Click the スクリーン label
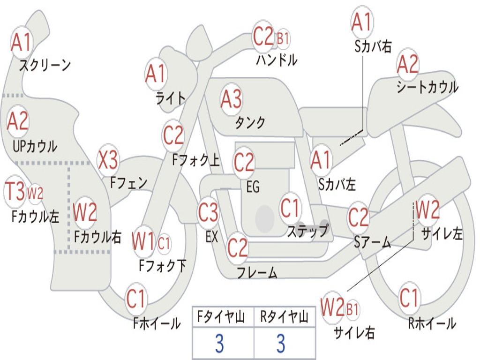(x=45, y=65)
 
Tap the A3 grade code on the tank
(x=231, y=99)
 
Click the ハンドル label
(x=277, y=60)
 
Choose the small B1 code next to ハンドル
(x=283, y=39)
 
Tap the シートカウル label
(x=427, y=87)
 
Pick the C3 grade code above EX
(x=208, y=212)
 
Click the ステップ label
(x=307, y=231)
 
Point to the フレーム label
(x=257, y=272)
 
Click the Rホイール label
(x=432, y=323)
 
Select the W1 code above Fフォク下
(x=143, y=241)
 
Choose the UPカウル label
(x=35, y=146)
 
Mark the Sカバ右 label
(x=373, y=46)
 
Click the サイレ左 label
(x=442, y=234)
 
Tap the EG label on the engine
(x=253, y=187)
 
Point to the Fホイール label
(x=157, y=323)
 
